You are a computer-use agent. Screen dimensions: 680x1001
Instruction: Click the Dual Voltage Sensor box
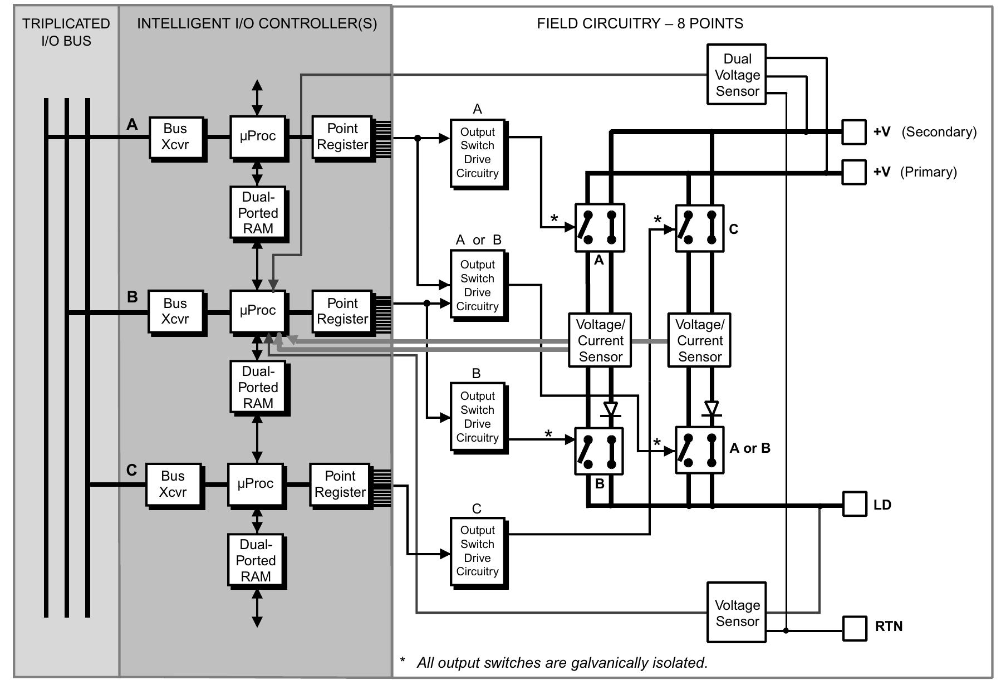(736, 75)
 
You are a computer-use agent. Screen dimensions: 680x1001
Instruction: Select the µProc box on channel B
(257, 311)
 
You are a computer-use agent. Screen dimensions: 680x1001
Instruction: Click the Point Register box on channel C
(340, 484)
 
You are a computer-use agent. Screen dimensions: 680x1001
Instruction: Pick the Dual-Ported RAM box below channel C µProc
(256, 560)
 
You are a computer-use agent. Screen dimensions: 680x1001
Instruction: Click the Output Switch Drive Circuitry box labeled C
(477, 551)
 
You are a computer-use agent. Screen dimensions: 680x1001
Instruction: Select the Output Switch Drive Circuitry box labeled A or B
(477, 285)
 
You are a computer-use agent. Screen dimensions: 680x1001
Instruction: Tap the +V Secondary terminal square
(853, 132)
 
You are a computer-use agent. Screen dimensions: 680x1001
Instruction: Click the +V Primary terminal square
(853, 172)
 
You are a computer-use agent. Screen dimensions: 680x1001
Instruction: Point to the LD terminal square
(855, 504)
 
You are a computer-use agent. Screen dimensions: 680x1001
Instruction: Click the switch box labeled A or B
(699, 450)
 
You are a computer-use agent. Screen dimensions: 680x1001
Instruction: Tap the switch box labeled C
(699, 228)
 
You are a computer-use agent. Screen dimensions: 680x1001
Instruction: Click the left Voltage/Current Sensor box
(600, 340)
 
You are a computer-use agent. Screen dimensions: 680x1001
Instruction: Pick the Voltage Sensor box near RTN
(736, 613)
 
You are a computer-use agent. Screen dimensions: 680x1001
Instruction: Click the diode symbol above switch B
(611, 410)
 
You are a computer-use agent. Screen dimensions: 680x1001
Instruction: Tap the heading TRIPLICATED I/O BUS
(66, 32)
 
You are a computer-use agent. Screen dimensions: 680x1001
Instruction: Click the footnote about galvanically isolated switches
(555, 663)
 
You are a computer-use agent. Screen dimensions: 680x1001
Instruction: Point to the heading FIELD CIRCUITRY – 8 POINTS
(640, 23)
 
